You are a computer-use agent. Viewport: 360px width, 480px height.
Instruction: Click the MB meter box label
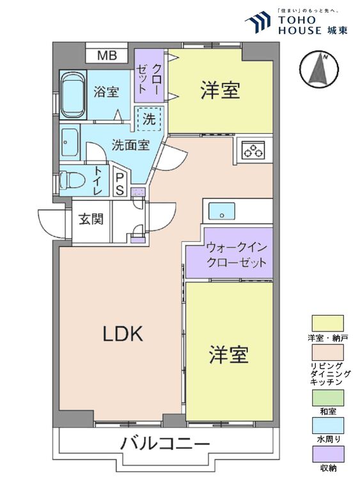(107, 56)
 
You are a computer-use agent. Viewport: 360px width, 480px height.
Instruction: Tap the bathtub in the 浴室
(74, 95)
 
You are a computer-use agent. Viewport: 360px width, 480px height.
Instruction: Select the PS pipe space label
(120, 184)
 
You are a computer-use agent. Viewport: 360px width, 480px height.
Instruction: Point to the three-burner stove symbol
(253, 150)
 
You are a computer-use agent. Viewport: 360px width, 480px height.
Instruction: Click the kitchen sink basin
(222, 211)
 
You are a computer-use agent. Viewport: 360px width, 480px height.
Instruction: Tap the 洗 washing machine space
(150, 119)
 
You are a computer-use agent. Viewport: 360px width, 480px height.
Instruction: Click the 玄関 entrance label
(91, 219)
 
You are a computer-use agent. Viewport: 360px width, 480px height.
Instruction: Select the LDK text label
(123, 333)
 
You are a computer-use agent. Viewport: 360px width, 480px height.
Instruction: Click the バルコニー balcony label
(166, 443)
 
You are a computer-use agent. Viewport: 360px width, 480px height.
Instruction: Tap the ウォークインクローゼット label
(236, 255)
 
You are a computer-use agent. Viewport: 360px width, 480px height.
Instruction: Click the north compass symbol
(319, 69)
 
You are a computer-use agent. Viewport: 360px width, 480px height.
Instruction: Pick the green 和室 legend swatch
(327, 397)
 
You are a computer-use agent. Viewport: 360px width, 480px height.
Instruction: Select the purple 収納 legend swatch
(327, 454)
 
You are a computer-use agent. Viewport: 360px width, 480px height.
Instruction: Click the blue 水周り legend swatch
(327, 426)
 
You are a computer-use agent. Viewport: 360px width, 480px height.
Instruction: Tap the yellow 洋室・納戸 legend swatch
(327, 323)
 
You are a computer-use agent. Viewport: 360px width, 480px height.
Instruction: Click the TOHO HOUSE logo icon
(258, 22)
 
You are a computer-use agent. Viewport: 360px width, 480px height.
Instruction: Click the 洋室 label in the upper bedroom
(220, 90)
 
